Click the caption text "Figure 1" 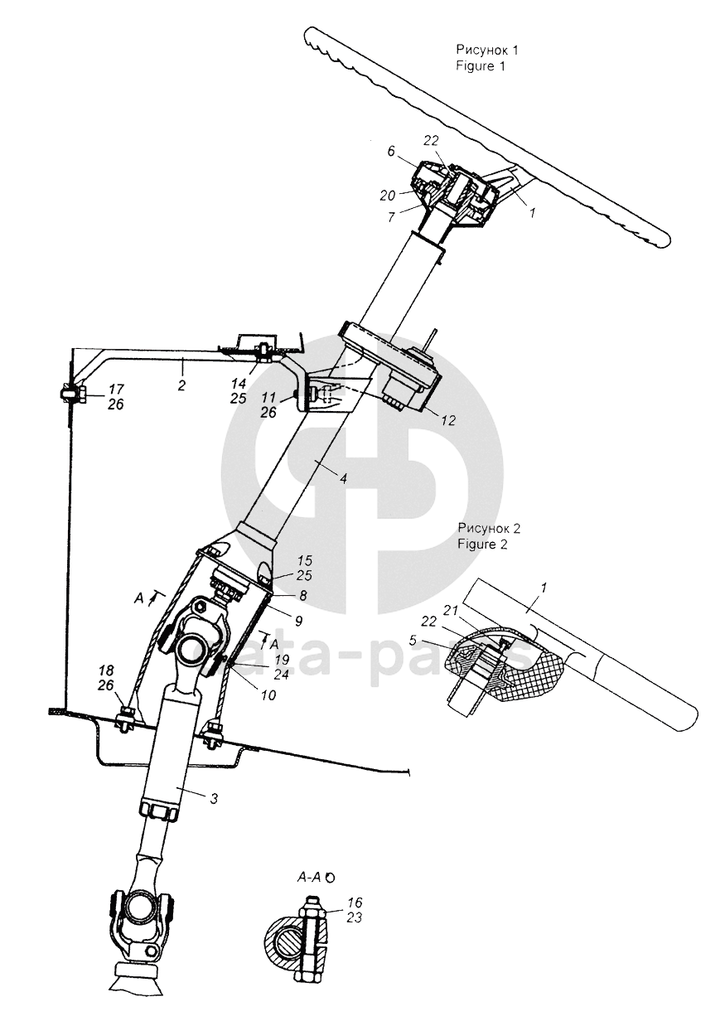[480, 65]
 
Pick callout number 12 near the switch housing [448, 420]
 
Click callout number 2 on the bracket [181, 385]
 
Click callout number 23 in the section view [355, 917]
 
